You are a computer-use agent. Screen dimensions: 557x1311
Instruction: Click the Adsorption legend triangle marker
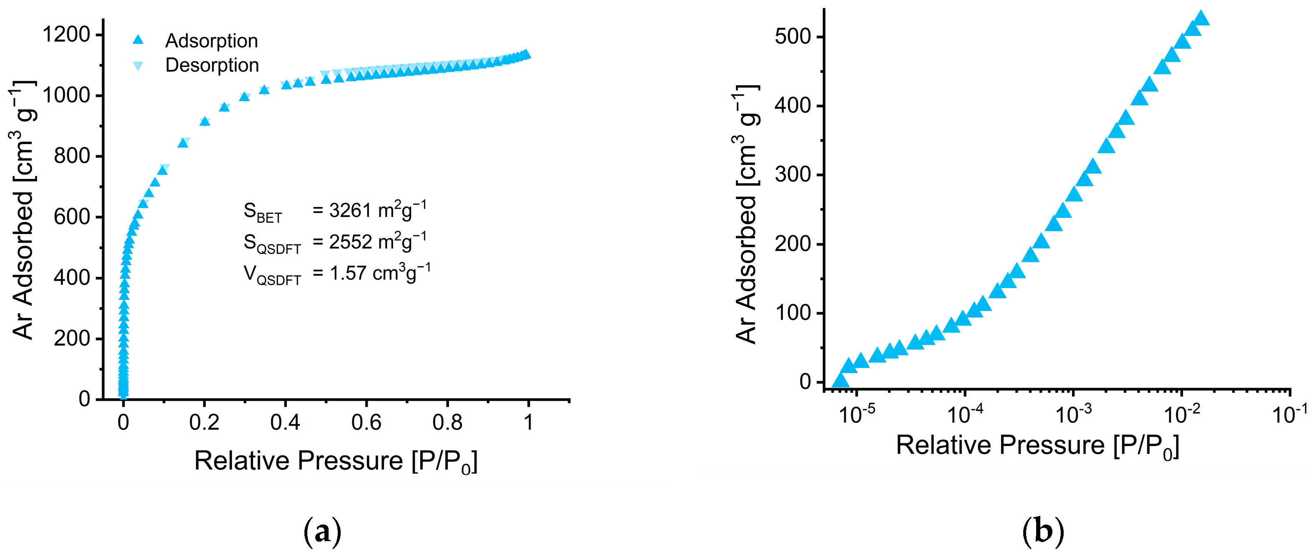pos(138,40)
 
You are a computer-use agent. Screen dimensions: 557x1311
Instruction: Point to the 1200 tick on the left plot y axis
pos(66,35)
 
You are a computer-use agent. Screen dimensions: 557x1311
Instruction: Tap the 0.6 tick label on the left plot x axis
pos(366,422)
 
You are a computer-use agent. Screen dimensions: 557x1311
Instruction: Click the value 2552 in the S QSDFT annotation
pos(350,241)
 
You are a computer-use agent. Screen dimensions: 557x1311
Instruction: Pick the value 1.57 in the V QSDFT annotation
pos(348,273)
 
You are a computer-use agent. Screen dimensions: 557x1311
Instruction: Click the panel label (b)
pos(1043,532)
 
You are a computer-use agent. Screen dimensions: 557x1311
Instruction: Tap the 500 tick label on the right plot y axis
pos(792,37)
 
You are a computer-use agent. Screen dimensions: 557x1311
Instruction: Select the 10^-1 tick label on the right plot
pos(1289,415)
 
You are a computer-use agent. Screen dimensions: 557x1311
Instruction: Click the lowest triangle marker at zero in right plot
pos(840,380)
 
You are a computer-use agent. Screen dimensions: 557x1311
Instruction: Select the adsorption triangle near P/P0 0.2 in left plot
pos(204,121)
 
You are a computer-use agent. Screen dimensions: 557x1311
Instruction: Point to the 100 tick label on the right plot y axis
pos(792,312)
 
